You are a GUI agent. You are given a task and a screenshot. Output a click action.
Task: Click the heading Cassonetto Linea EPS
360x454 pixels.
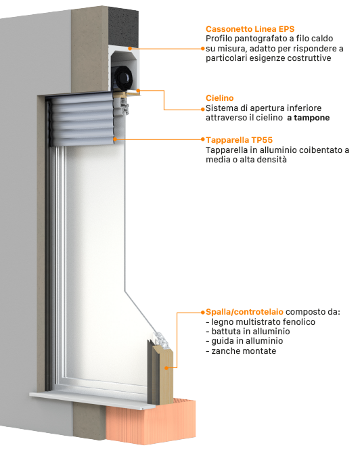(x=250, y=29)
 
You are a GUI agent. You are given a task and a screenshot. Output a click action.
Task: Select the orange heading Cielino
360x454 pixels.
(x=219, y=98)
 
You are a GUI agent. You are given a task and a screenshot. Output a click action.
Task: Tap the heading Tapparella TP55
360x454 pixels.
(x=240, y=140)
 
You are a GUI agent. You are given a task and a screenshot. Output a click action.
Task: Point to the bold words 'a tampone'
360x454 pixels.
(x=309, y=118)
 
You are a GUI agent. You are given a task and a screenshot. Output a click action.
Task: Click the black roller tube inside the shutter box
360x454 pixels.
(x=124, y=78)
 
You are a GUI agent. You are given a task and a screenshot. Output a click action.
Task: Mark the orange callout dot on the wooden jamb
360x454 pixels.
(x=166, y=368)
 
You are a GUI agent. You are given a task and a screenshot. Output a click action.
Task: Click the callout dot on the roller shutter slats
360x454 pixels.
(x=115, y=139)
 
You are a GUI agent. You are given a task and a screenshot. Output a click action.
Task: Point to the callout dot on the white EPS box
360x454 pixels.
(x=130, y=48)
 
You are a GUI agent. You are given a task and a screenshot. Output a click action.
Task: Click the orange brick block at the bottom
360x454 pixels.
(x=151, y=423)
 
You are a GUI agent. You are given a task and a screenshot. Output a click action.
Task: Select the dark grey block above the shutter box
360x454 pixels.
(x=123, y=26)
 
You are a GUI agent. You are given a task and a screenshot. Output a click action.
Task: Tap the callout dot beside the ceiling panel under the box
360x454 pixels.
(x=138, y=91)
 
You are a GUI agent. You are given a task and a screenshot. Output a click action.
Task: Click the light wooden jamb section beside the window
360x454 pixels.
(x=165, y=373)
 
